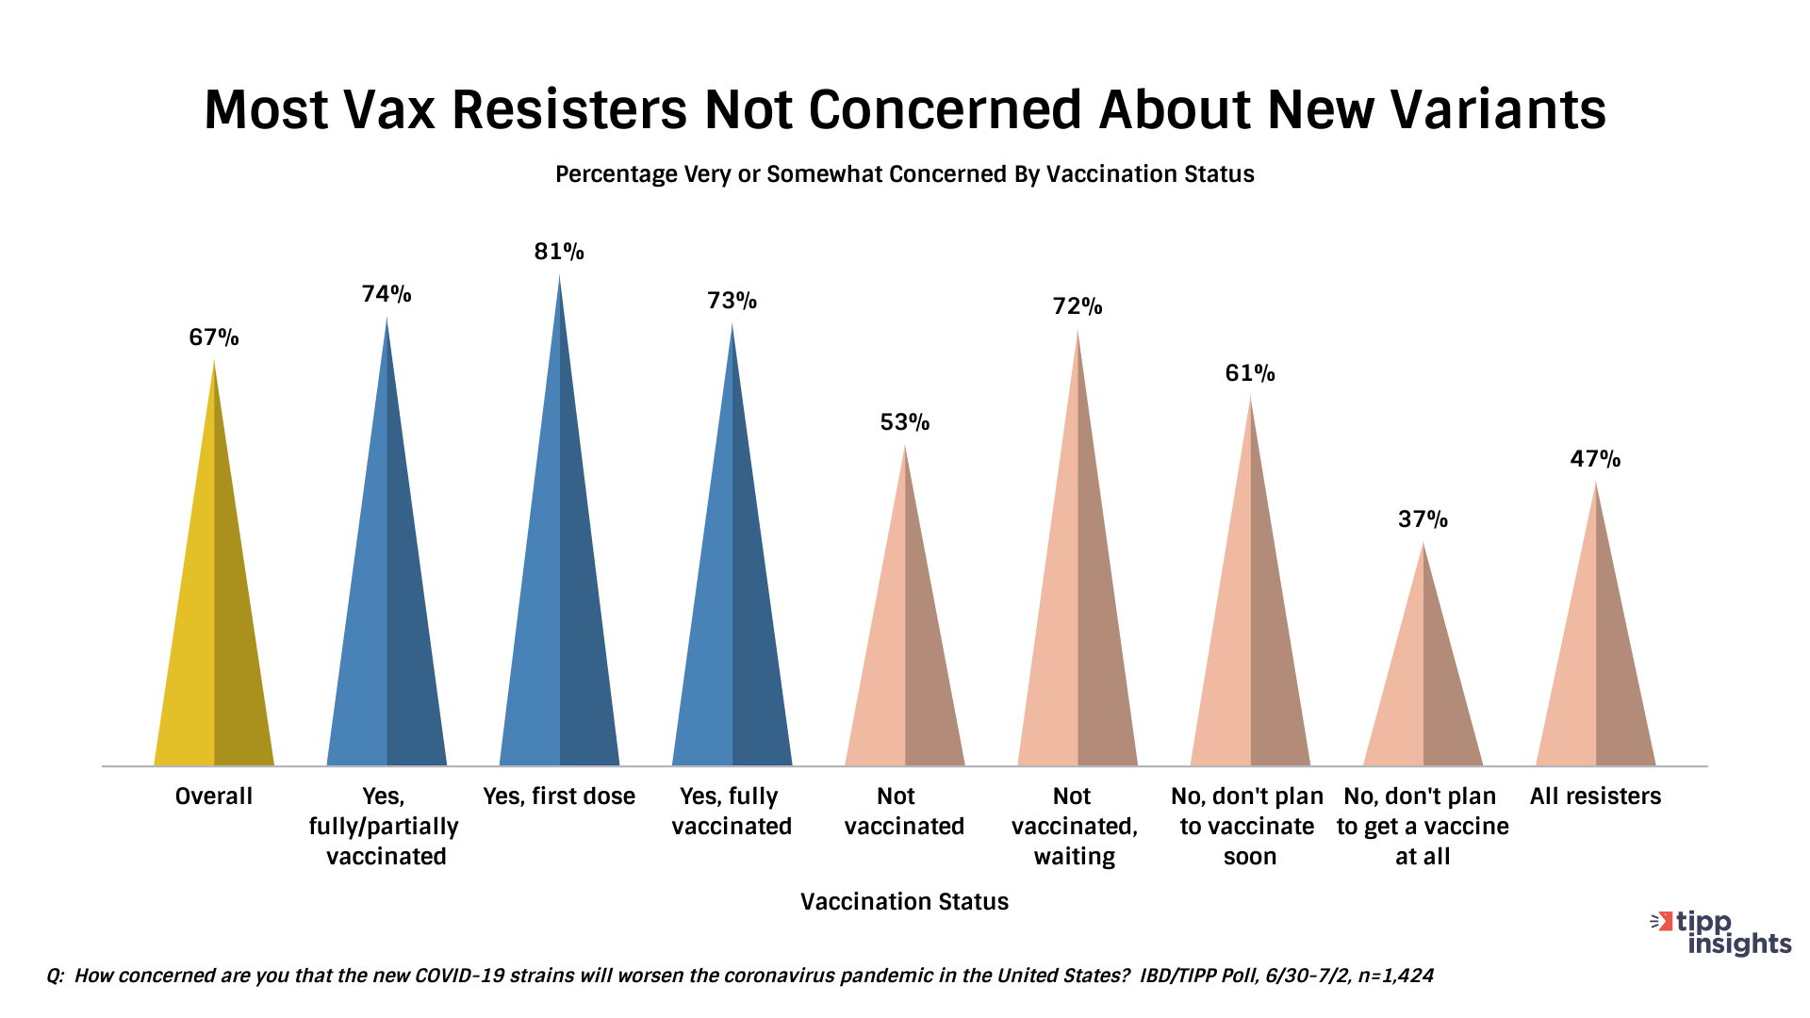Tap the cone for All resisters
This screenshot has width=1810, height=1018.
click(1596, 660)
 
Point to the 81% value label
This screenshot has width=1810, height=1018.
click(559, 252)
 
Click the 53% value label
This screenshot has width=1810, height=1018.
click(905, 422)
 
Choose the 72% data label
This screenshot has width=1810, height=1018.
click(1078, 306)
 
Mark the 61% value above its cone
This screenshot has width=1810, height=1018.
click(1250, 373)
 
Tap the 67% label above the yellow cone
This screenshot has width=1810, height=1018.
click(214, 337)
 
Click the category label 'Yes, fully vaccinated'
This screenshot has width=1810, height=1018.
click(732, 812)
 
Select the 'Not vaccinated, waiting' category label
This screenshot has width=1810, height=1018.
click(1075, 827)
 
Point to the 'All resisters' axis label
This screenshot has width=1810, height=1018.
click(1595, 796)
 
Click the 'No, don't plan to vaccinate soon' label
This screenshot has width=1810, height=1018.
click(1247, 827)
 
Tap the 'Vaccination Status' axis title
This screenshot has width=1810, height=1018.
click(904, 902)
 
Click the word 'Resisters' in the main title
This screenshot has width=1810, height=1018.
click(569, 109)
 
